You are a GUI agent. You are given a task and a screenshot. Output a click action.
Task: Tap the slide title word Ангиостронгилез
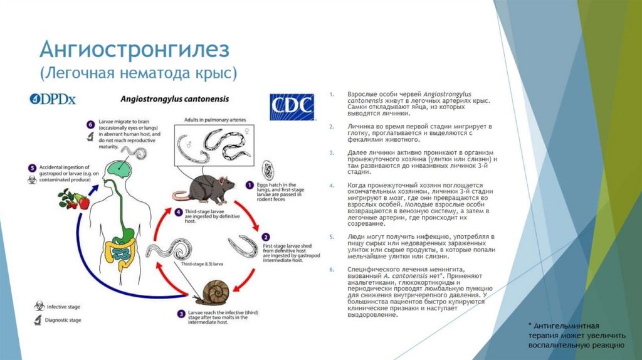click(135, 49)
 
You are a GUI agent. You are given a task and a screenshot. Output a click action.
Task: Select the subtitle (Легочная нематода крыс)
click(139, 73)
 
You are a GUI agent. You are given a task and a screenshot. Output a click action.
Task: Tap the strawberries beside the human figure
click(73, 200)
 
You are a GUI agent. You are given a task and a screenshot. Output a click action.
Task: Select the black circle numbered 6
click(90, 124)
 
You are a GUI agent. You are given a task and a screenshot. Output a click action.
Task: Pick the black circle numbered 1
click(249, 186)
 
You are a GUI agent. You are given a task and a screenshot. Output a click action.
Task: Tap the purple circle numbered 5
click(32, 168)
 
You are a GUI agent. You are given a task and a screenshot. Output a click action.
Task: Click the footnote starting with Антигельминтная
click(576, 336)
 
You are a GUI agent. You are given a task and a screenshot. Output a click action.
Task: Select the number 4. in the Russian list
click(331, 186)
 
